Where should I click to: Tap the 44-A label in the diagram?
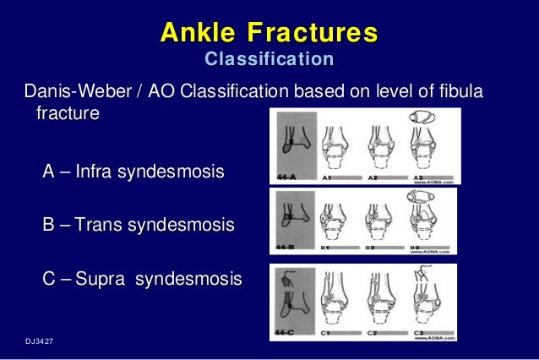(288, 177)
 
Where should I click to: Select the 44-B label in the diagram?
(288, 250)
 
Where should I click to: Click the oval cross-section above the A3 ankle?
(427, 118)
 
